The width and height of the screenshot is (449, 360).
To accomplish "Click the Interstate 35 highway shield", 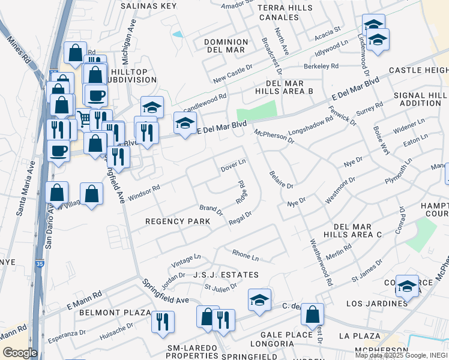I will pyautogui.click(x=38, y=263).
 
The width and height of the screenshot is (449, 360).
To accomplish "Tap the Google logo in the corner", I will pyautogui.click(x=20, y=353).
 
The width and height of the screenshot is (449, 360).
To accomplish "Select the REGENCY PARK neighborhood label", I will pyautogui.click(x=178, y=221).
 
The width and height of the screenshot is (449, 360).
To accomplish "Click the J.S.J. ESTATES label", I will pyautogui.click(x=226, y=275).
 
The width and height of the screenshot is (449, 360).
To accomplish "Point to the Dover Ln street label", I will pyautogui.click(x=234, y=163).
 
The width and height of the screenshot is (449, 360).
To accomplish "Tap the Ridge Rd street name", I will pyautogui.click(x=242, y=192).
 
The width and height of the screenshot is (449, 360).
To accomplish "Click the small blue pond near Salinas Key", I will pyautogui.click(x=178, y=34).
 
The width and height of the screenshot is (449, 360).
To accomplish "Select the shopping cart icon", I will pyautogui.click(x=83, y=119).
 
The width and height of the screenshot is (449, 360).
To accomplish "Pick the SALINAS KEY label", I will pyautogui.click(x=148, y=5).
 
